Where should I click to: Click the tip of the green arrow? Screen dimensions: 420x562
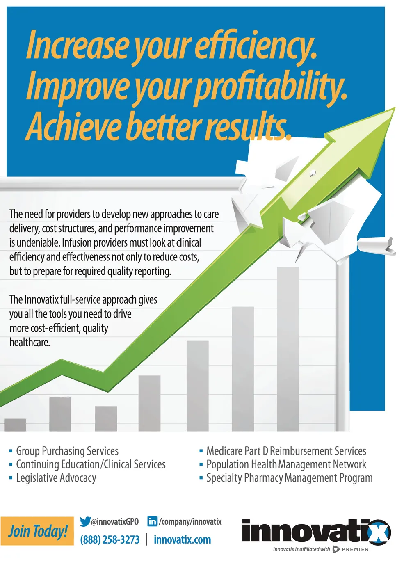click(x=395, y=108)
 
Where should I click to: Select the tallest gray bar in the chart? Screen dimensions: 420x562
click(x=288, y=349)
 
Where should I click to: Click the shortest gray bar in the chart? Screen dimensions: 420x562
click(x=15, y=425)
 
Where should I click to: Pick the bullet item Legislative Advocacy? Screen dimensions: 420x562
click(x=56, y=478)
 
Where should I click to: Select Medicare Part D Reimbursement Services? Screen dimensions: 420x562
click(x=286, y=451)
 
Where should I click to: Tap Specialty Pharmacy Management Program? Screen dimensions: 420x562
click(x=290, y=478)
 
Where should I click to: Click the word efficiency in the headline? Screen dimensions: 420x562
click(x=256, y=47)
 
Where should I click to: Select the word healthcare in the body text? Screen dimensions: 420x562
click(x=30, y=342)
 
